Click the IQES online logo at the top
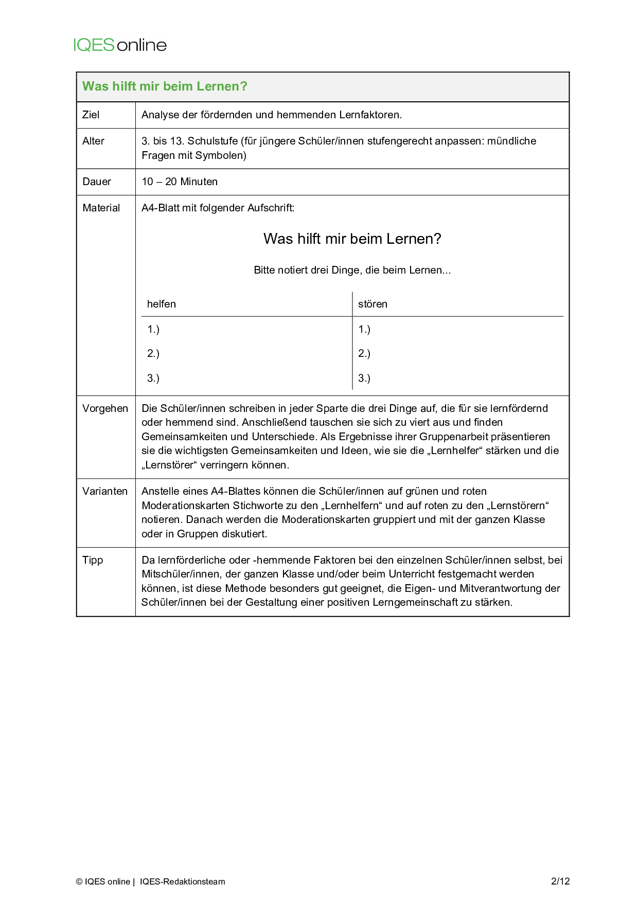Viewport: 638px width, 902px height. point(120,45)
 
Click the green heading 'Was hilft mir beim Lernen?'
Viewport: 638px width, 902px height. point(165,86)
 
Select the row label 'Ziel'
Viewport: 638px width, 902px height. point(91,115)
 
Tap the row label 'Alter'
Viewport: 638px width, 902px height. point(93,141)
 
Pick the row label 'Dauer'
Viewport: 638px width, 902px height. point(97,182)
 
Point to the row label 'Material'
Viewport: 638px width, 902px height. point(101,208)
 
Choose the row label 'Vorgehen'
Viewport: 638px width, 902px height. point(105,408)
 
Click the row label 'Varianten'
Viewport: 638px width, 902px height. point(105,491)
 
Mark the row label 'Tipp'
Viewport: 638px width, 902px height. point(93,560)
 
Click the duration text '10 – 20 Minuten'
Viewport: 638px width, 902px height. point(180,182)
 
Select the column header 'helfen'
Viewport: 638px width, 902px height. point(162,304)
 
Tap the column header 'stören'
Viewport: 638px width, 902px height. point(373,304)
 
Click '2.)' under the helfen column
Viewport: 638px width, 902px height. point(153,353)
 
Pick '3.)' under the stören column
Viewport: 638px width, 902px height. point(364,378)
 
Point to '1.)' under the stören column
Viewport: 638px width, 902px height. point(364,329)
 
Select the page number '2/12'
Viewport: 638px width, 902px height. point(560,881)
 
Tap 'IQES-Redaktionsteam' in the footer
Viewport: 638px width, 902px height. point(182,881)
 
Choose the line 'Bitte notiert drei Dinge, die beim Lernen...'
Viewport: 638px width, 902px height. point(352,270)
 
